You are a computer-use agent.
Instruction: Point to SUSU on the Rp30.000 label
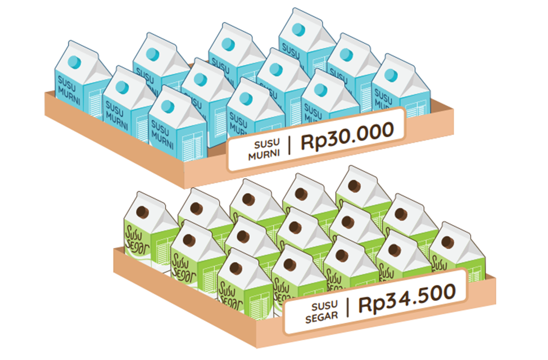click(267, 144)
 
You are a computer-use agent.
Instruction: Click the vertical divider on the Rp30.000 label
click(289, 146)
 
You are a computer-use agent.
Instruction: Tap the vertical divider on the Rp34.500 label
click(348, 308)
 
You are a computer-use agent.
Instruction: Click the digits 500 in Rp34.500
click(434, 295)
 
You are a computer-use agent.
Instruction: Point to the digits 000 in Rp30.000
click(374, 132)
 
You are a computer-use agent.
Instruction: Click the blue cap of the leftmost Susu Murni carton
click(74, 62)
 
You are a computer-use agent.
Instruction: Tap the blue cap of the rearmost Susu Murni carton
click(298, 29)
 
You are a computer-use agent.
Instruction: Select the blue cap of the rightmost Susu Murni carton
click(391, 75)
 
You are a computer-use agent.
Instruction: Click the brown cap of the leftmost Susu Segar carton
click(142, 212)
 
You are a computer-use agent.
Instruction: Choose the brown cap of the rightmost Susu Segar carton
click(448, 242)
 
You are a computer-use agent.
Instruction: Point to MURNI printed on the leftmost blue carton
click(69, 96)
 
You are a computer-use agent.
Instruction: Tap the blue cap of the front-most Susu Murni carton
click(167, 107)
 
